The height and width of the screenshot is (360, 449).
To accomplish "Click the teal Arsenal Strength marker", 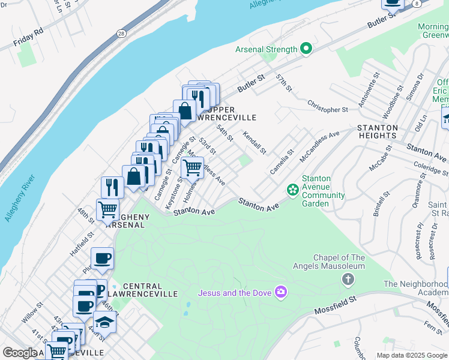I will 306,49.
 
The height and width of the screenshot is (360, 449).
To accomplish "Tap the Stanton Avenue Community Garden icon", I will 292,190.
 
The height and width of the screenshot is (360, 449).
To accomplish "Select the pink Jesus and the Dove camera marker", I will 280,292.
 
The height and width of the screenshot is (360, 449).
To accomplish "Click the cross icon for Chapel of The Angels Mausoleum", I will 347,279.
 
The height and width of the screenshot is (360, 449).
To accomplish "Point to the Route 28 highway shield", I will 121,34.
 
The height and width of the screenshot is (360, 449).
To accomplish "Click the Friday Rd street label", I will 28,37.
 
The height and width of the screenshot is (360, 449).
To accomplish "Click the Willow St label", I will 32,313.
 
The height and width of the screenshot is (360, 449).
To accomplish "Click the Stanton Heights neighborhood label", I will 377,131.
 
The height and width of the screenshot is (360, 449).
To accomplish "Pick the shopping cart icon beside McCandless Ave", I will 192,169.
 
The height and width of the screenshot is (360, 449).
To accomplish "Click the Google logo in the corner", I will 19,353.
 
